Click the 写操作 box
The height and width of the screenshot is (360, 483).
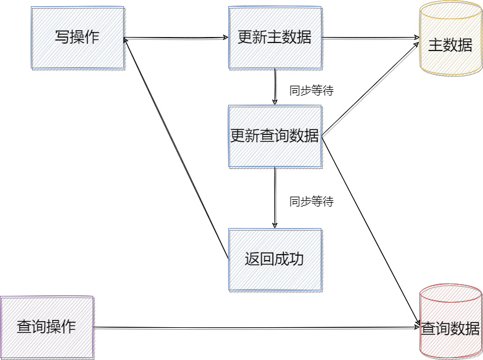(x=77, y=38)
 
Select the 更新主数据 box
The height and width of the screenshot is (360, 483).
(x=275, y=38)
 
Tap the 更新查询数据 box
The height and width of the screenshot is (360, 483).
(x=275, y=136)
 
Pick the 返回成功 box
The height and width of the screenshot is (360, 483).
(x=275, y=260)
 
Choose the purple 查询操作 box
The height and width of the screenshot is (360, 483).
(x=47, y=327)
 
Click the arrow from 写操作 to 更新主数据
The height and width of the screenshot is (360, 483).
(x=176, y=38)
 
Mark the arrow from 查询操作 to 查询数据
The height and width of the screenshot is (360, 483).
(x=256, y=327)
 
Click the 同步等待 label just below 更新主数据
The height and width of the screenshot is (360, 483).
(x=312, y=91)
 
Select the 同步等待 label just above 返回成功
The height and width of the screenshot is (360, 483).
(x=312, y=202)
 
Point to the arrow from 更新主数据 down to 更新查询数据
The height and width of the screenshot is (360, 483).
(x=275, y=87)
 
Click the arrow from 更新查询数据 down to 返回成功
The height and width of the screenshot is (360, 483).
(x=275, y=197)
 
